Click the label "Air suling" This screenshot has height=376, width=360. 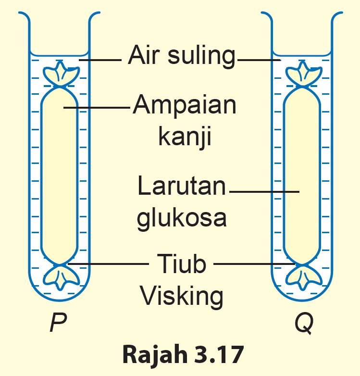pos(182,56)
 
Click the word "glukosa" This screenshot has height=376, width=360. pos(182,217)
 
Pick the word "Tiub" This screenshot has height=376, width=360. pos(181,264)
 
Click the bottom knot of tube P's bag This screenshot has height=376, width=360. pos(61,276)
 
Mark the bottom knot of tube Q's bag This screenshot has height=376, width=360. pos(303,276)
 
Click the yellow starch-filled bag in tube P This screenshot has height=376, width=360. pos(60,175)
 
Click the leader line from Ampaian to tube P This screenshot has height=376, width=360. pos(96,108)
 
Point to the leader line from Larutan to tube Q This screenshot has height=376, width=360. pos(264,192)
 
